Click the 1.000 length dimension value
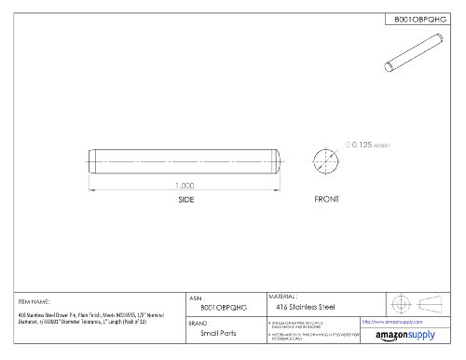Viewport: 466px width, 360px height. [x=185, y=185]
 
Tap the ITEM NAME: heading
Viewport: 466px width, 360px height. [x=34, y=301]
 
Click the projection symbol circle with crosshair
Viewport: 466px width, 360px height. [x=401, y=304]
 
